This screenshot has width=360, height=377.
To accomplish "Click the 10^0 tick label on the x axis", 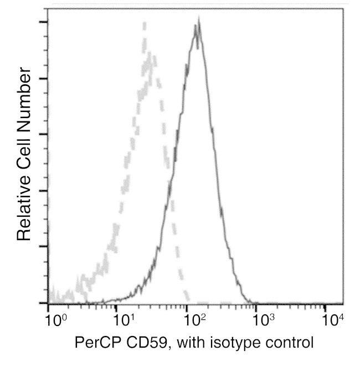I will tap(55, 320).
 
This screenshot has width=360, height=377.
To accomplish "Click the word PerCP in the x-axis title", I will tap(92, 343).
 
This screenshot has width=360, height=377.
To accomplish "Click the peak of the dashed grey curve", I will tap(145, 23).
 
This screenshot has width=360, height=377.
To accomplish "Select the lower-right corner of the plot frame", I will tap(343, 304).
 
